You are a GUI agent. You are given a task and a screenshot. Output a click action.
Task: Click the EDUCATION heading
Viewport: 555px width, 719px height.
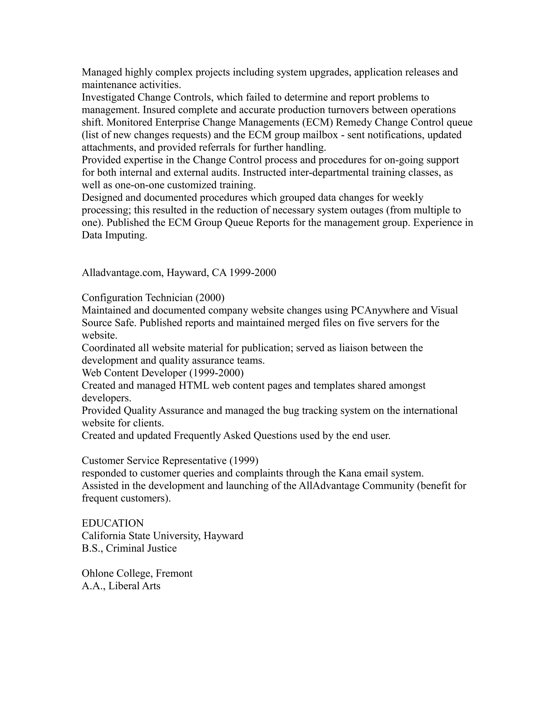coord(112,523)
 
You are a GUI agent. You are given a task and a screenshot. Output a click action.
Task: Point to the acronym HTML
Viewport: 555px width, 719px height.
coord(194,385)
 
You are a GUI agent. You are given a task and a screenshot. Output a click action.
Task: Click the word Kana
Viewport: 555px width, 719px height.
coord(350,473)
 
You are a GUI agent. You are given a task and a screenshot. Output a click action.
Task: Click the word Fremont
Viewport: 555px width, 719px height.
coord(174,573)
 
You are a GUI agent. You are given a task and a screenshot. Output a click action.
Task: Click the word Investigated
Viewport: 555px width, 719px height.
coord(108,97)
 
